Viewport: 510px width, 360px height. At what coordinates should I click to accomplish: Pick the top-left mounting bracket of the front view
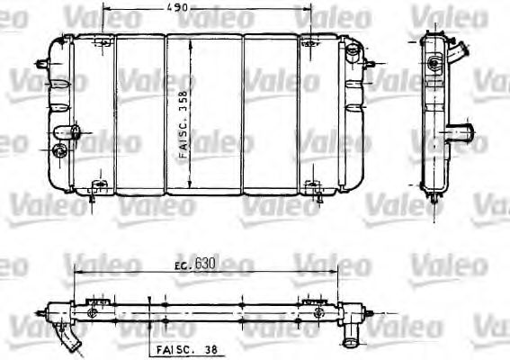click(x=103, y=42)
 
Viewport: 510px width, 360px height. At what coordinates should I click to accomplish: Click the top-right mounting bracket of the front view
click(x=310, y=42)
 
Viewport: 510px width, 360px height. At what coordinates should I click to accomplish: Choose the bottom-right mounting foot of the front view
click(x=313, y=188)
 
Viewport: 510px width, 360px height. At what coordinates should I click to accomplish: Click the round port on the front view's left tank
click(x=60, y=151)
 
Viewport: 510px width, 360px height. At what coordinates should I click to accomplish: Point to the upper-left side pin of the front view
click(x=40, y=64)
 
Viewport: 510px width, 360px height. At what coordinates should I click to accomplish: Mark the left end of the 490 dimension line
click(x=104, y=8)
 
